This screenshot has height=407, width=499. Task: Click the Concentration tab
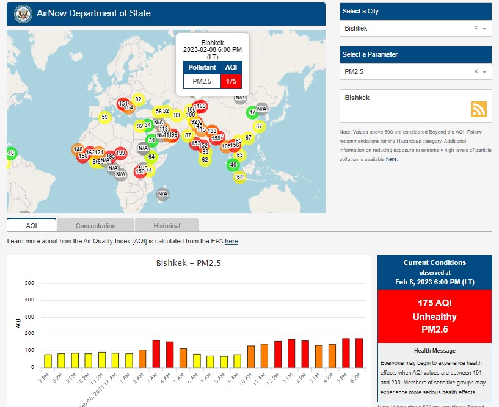96,226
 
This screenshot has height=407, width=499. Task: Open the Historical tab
167,226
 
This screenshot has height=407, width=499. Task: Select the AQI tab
32,226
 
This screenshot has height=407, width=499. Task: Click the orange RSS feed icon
479,109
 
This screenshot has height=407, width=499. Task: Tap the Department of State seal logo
23,13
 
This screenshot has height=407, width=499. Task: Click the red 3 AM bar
156,353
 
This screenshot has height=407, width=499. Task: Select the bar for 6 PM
359,353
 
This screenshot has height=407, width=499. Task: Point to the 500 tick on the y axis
29,283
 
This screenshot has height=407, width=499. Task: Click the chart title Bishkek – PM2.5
188,264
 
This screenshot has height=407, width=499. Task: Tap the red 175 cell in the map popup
231,81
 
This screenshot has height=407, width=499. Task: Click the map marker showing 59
104,117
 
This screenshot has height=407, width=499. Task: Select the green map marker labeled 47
252,112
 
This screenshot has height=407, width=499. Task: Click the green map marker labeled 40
233,165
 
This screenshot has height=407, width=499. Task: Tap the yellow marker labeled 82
138,99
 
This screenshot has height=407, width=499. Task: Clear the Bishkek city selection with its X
476,29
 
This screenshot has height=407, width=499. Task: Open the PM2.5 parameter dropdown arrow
484,72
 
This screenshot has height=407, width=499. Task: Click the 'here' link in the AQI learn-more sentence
231,242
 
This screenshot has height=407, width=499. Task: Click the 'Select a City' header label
360,12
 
